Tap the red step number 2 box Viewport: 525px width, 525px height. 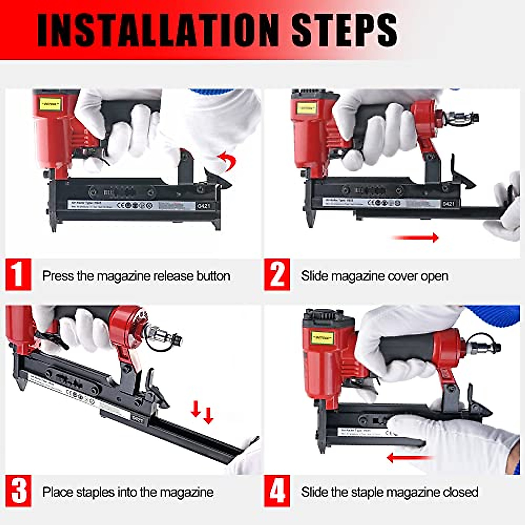(x=277, y=274)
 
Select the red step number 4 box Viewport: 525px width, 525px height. (x=277, y=491)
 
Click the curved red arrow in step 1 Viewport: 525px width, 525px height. (x=229, y=161)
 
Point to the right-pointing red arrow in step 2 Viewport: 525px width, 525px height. (x=415, y=238)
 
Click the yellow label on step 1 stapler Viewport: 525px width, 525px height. (x=50, y=104)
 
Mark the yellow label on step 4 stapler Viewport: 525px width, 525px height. (x=323, y=337)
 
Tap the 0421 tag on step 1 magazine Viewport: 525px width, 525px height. (x=203, y=205)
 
